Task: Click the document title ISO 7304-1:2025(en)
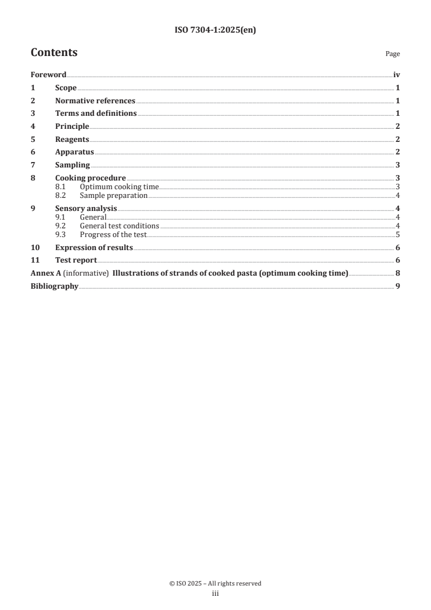click(x=215, y=30)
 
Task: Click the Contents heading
click(x=54, y=53)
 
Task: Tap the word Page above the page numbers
click(x=392, y=54)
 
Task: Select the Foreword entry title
click(x=48, y=75)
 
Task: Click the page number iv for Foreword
click(x=397, y=75)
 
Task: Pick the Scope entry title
click(x=66, y=88)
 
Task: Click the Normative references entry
click(x=95, y=101)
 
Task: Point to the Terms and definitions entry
click(x=96, y=114)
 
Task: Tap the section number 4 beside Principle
click(x=33, y=127)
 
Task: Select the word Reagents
click(x=72, y=139)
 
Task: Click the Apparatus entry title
click(x=74, y=152)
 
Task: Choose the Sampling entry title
click(x=72, y=165)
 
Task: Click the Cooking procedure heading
click(x=90, y=178)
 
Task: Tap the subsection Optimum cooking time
click(x=119, y=187)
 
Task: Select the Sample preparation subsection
click(x=114, y=196)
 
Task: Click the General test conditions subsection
click(x=119, y=226)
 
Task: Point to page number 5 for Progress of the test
click(x=398, y=235)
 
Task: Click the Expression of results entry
click(x=94, y=247)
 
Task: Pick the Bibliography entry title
click(x=54, y=286)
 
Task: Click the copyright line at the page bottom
click(x=215, y=583)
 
